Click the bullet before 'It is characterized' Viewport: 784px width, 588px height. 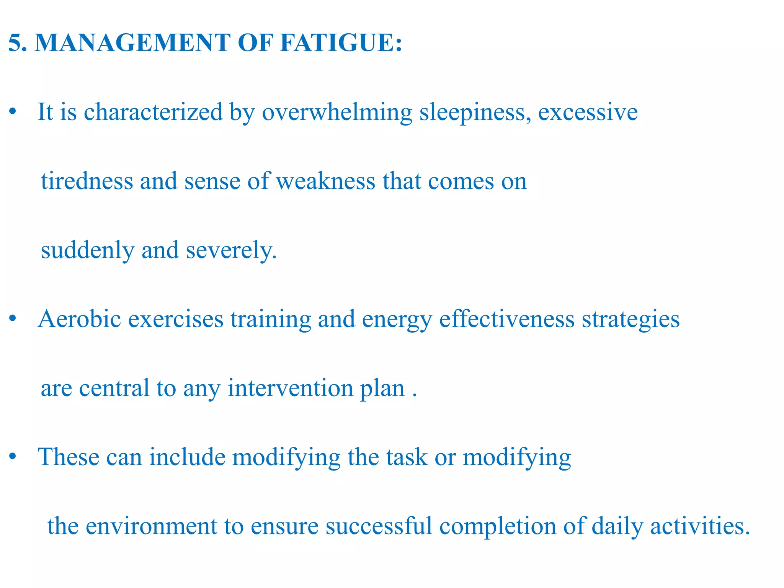[13, 112]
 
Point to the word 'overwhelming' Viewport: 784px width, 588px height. [337, 113]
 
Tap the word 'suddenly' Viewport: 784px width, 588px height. [88, 251]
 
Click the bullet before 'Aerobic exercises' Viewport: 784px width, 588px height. [13, 319]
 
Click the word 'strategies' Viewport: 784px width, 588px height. [630, 320]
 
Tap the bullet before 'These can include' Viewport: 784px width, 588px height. [13, 457]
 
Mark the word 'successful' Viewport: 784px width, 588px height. [379, 526]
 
